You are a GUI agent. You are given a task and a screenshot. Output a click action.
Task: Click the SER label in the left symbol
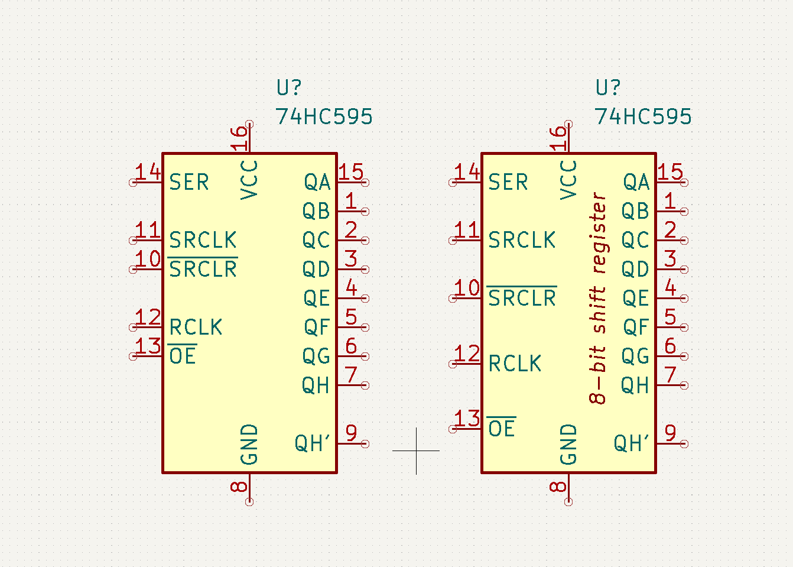pos(189,182)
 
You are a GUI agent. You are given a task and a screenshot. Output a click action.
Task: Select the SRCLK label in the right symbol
pos(522,240)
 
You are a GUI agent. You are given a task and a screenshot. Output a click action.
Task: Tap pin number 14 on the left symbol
pos(148,171)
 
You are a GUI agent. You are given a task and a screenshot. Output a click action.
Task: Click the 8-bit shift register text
pos(598,298)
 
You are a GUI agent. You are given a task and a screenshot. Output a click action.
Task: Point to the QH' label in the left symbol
pos(312,443)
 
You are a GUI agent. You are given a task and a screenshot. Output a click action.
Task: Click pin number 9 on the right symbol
pos(670,433)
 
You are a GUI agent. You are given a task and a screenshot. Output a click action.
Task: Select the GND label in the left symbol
pos(249,445)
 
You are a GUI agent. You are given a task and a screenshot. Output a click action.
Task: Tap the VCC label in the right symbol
pos(568,180)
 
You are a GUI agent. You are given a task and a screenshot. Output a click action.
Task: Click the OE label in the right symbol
pos(501,428)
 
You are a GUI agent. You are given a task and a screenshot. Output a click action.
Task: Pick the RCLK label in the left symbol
pos(196,327)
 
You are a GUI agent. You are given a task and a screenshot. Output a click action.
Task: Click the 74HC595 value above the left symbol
pos(324,116)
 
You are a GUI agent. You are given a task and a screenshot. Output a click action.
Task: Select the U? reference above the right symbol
pos(608,87)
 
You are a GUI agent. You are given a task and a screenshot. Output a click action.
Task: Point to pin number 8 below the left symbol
pos(239,487)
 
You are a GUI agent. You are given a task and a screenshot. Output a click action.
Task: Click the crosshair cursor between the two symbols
pos(417,451)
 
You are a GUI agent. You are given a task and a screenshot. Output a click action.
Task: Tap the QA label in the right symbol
pos(636,182)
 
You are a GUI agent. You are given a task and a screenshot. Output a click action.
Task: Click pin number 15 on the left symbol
pos(351,171)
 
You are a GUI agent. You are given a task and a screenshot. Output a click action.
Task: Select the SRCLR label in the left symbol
pos(203,267)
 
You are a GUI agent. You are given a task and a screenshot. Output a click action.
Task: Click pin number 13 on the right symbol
pos(467,418)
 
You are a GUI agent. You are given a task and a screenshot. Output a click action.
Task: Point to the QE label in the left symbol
pos(317,298)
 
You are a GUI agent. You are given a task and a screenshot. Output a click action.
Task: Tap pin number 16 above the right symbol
pos(558,138)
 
